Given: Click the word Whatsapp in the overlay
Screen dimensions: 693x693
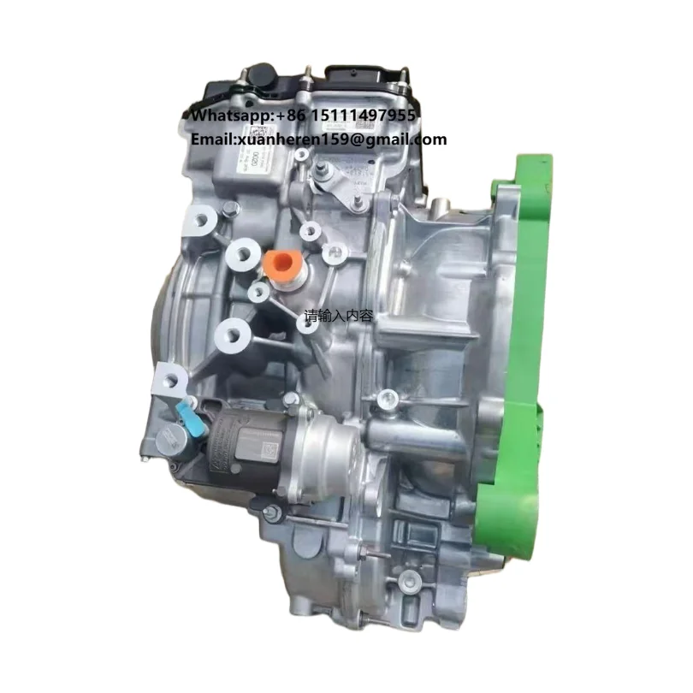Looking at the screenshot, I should click(x=222, y=115).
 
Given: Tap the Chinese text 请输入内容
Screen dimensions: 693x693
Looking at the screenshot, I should click(x=339, y=316).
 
